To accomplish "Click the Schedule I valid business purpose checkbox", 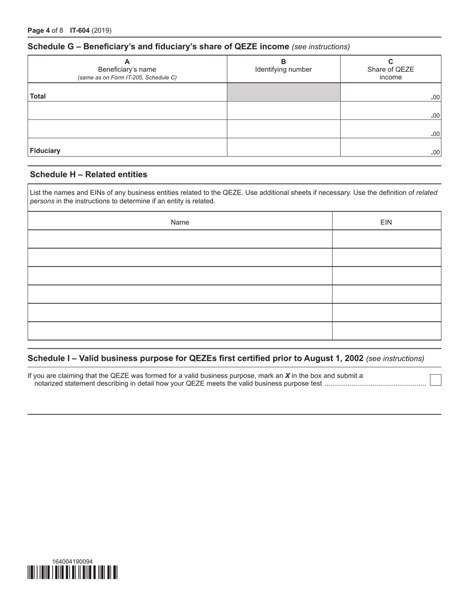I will (435, 380).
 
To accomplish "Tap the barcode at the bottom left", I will (73, 572).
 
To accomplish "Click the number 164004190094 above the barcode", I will (72, 561).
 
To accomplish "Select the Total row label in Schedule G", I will (38, 96).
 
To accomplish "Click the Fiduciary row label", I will (45, 151).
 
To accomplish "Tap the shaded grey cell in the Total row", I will (283, 92).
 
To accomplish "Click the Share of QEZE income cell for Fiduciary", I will (390, 148).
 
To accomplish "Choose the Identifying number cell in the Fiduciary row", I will (283, 148).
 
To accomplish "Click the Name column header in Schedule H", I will (180, 222).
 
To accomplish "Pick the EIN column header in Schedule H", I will (386, 222).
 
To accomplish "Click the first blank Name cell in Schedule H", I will (180, 239).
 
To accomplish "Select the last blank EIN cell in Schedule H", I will (386, 331).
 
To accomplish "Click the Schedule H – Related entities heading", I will (88, 174).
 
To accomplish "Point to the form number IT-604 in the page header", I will (80, 31).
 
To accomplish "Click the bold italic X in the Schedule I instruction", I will (287, 376).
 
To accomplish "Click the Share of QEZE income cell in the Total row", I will (390, 92).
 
